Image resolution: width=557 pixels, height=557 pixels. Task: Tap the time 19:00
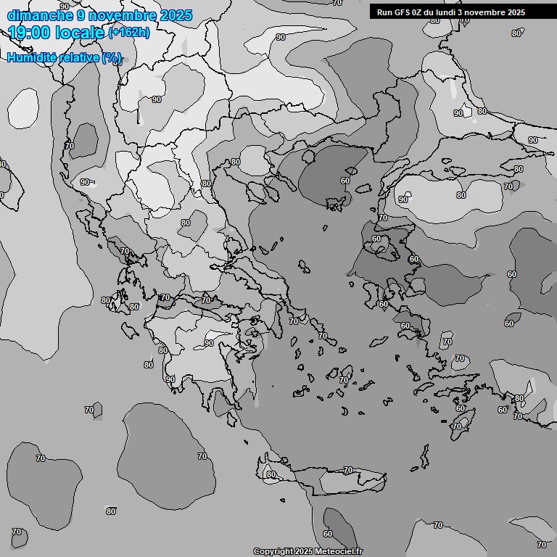(30, 32)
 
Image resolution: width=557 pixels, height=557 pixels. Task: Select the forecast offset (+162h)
(129, 33)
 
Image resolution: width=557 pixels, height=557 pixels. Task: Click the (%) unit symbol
(112, 58)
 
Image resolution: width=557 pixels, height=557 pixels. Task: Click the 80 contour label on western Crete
(271, 475)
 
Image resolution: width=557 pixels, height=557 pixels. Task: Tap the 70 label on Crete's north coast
(347, 471)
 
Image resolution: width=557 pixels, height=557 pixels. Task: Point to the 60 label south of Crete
(328, 534)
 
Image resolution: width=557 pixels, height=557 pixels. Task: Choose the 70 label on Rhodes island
(456, 426)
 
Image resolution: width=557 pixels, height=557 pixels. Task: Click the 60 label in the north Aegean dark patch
(345, 181)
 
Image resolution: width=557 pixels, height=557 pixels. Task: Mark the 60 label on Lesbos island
(376, 239)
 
